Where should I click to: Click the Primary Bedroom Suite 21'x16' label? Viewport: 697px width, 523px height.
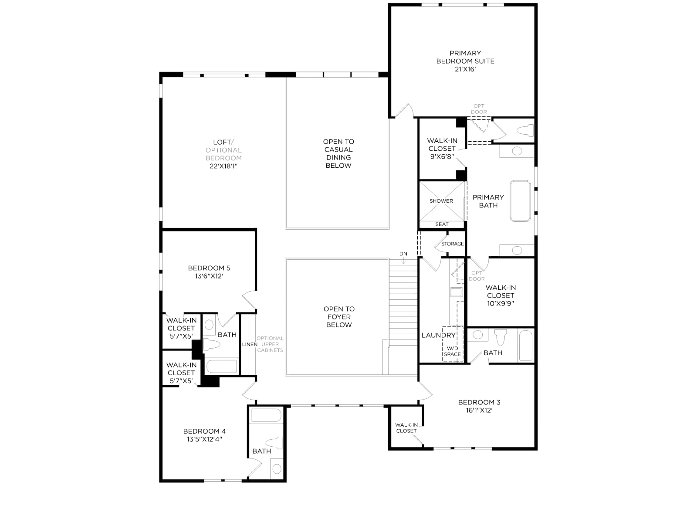pyautogui.click(x=465, y=61)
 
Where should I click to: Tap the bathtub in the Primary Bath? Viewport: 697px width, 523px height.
pyautogui.click(x=520, y=201)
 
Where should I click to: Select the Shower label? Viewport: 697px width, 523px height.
pyautogui.click(x=441, y=201)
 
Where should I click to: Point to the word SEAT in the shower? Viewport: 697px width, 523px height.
pyautogui.click(x=442, y=224)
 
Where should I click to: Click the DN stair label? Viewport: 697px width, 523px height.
pyautogui.click(x=403, y=254)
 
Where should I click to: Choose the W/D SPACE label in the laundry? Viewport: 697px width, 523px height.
pyautogui.click(x=452, y=351)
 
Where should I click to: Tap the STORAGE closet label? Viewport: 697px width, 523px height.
pyautogui.click(x=453, y=244)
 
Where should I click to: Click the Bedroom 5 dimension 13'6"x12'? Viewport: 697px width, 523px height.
pyautogui.click(x=209, y=276)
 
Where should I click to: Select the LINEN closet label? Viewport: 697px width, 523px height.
pyautogui.click(x=250, y=344)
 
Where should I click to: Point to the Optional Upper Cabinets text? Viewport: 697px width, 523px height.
pyautogui.click(x=270, y=344)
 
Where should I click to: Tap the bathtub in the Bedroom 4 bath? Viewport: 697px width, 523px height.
pyautogui.click(x=266, y=415)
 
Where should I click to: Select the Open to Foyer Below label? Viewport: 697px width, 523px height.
pyautogui.click(x=339, y=316)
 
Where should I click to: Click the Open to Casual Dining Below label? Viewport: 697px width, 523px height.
pyautogui.click(x=338, y=153)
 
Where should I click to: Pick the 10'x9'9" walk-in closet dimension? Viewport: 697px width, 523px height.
pyautogui.click(x=501, y=303)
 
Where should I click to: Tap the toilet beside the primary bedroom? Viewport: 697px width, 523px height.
pyautogui.click(x=525, y=130)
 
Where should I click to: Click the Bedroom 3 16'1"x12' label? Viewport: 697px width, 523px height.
pyautogui.click(x=479, y=406)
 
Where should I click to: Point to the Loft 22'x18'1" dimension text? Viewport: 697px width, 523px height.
pyautogui.click(x=223, y=166)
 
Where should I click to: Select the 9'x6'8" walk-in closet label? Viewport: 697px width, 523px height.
pyautogui.click(x=442, y=156)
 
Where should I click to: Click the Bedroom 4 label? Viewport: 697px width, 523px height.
pyautogui.click(x=204, y=431)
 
